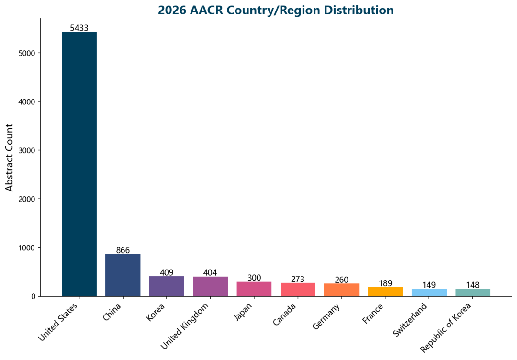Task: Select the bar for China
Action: coord(123,275)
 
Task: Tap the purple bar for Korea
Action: coord(167,286)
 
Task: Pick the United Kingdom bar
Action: coord(210,286)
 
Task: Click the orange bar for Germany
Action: coord(341,290)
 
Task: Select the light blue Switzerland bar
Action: coord(429,292)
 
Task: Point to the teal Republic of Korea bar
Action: coord(472,292)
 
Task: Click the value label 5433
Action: coord(79,28)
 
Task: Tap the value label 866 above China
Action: coord(123,250)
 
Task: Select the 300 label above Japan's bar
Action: coord(254,278)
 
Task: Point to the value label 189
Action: coord(385,283)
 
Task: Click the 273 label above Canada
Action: coord(298,279)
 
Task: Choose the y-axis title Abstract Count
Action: coord(10,157)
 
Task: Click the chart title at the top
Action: coord(275,10)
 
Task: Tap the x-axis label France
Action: coord(373,313)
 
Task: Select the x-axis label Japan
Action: coord(244,312)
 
